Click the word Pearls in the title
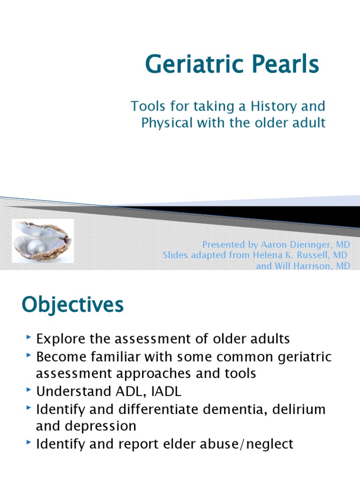(287, 64)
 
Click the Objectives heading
(73, 305)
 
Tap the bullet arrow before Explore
(30, 337)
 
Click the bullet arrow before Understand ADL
(30, 390)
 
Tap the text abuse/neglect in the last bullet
(248, 444)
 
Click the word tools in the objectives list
(236, 374)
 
